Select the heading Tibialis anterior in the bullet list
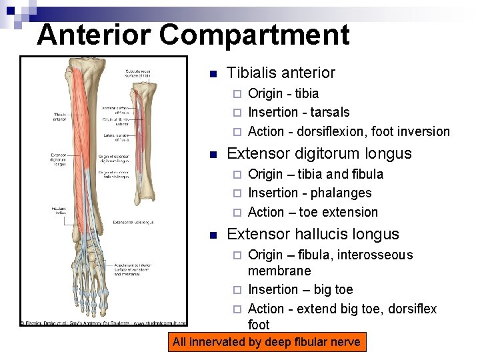point(281,73)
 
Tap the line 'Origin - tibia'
point(283,93)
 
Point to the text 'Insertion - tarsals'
point(298,112)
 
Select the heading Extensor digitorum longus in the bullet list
point(319,153)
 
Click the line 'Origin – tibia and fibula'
point(315,174)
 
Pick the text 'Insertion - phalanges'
point(309,193)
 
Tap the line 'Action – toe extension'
point(313,212)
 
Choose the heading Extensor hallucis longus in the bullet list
point(313,234)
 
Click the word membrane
point(279,271)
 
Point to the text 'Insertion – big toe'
point(300,289)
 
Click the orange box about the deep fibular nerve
point(266,343)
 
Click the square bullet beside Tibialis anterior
point(213,73)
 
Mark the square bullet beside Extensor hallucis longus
point(213,235)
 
